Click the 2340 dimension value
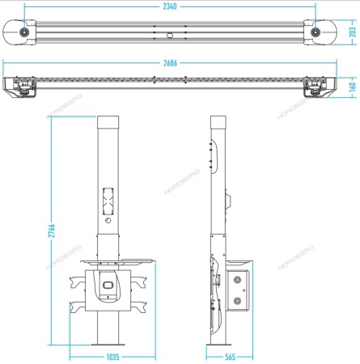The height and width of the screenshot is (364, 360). [x=170, y=6]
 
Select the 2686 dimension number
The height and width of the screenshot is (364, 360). [x=171, y=63]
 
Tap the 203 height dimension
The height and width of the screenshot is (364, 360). [x=353, y=32]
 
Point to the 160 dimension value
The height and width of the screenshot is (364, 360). [x=353, y=87]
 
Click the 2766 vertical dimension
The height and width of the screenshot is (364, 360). [x=52, y=231]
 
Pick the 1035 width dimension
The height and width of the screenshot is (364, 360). [x=112, y=357]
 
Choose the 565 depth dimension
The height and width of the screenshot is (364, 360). [x=230, y=357]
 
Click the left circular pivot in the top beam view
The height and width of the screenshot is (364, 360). [x=24, y=32]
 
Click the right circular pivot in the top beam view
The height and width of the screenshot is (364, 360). [x=316, y=32]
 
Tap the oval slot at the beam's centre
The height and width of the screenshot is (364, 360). [x=170, y=36]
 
